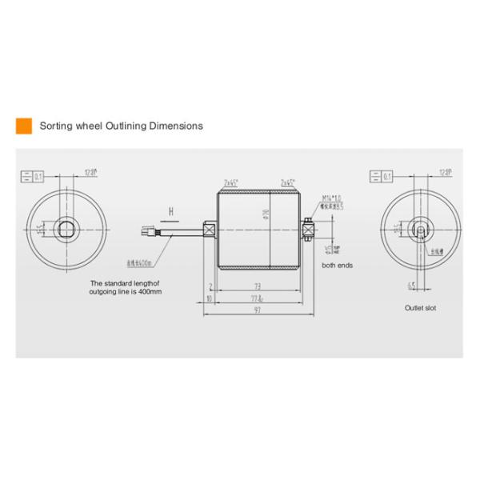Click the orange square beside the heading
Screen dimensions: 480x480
pyautogui.click(x=23, y=126)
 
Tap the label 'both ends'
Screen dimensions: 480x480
pyautogui.click(x=337, y=265)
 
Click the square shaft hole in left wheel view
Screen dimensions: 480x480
pyautogui.click(x=67, y=229)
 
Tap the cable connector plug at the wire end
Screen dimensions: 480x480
pyautogui.click(x=146, y=230)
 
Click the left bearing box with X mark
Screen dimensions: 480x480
pyautogui.click(x=210, y=230)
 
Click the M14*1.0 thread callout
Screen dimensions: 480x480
pyautogui.click(x=331, y=197)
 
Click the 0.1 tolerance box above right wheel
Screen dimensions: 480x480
pyautogui.click(x=382, y=174)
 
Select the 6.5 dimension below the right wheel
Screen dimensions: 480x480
pyautogui.click(x=409, y=285)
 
